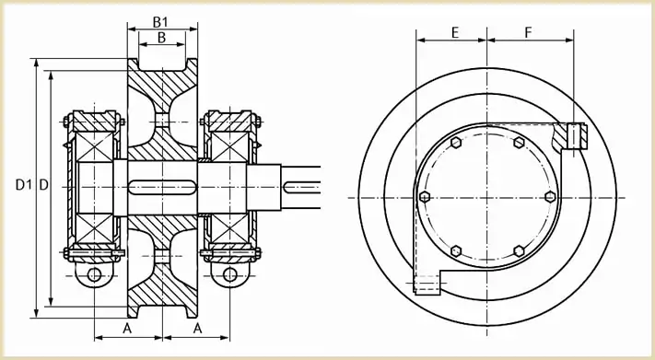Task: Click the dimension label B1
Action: click(160, 22)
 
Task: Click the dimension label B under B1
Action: click(161, 38)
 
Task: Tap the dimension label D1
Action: click(23, 184)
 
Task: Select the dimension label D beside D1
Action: click(44, 184)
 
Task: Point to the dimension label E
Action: click(455, 32)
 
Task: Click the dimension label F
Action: click(529, 32)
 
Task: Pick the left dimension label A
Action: click(127, 329)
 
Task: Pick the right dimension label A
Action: click(197, 329)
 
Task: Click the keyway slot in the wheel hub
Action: click(162, 187)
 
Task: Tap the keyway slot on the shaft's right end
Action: click(302, 187)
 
